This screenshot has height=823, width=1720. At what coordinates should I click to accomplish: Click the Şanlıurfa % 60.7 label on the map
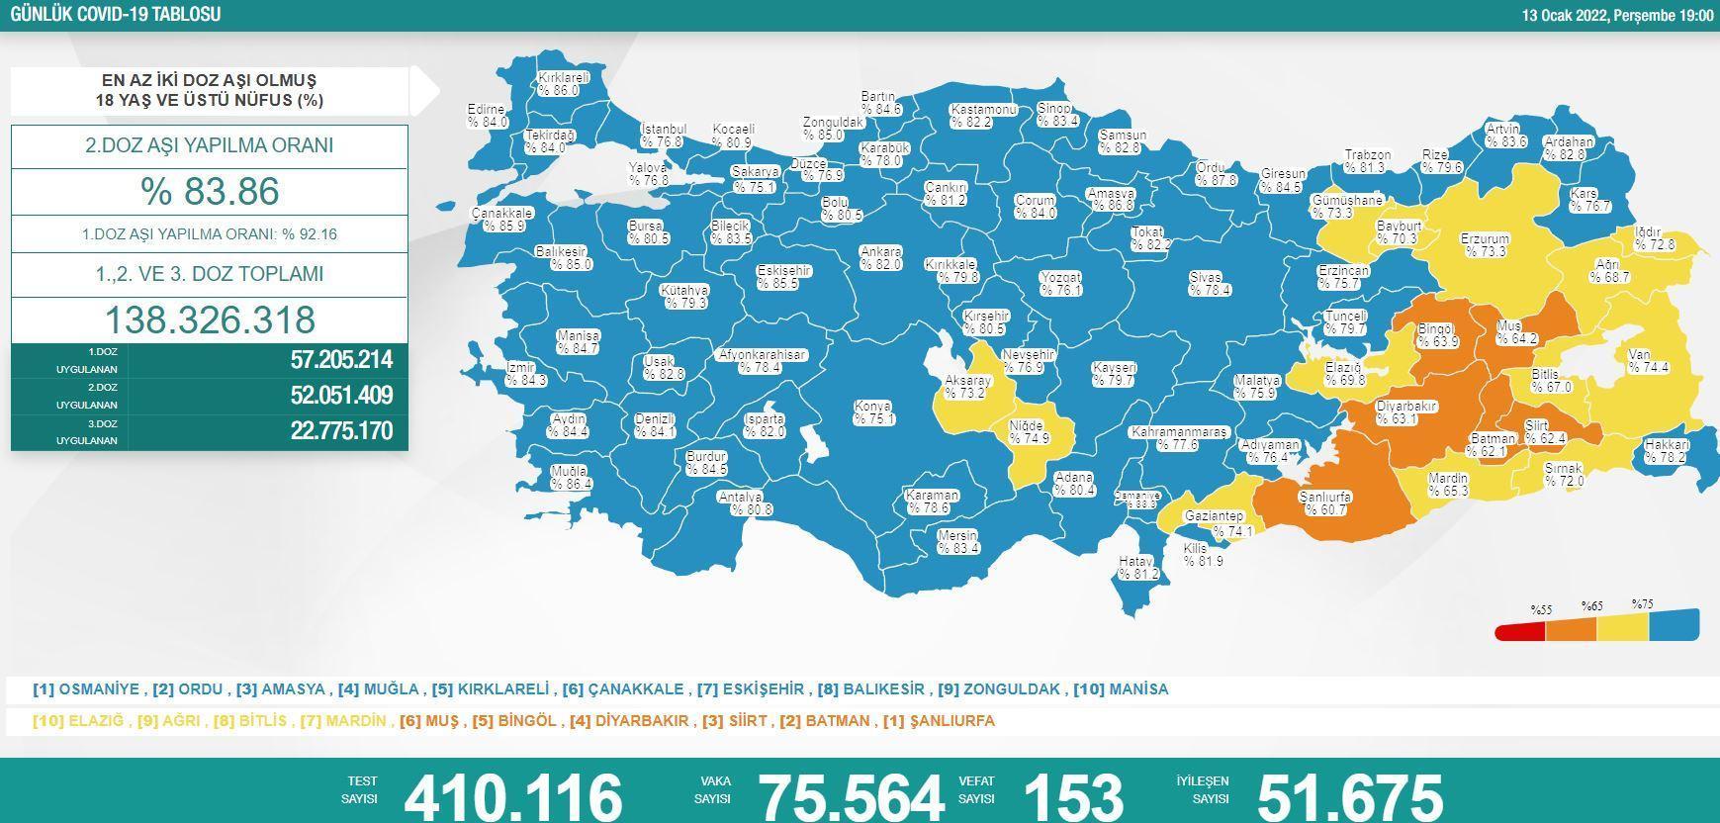click(1325, 503)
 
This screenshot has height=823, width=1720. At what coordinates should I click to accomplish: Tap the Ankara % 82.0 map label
click(880, 258)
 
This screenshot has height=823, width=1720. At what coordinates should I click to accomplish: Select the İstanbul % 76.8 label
click(663, 136)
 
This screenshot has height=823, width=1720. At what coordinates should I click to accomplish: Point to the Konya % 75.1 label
click(873, 412)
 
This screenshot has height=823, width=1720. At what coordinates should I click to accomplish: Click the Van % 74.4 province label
click(1648, 361)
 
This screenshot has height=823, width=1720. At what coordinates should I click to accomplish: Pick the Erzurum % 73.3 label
click(1485, 245)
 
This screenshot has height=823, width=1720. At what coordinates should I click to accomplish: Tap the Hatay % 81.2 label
click(1137, 567)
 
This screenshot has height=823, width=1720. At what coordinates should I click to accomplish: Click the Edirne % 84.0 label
click(487, 116)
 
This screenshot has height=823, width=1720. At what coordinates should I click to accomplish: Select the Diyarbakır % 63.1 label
click(1405, 412)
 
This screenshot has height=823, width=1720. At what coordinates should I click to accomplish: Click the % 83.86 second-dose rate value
click(210, 192)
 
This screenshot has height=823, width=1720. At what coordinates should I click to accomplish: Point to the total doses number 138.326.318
click(210, 320)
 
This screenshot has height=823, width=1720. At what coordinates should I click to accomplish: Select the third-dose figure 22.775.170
click(341, 431)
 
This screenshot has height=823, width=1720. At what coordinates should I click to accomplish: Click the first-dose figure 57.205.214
click(341, 360)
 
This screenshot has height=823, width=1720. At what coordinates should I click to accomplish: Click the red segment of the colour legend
click(1519, 631)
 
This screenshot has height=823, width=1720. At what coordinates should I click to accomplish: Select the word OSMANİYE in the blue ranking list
click(98, 689)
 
